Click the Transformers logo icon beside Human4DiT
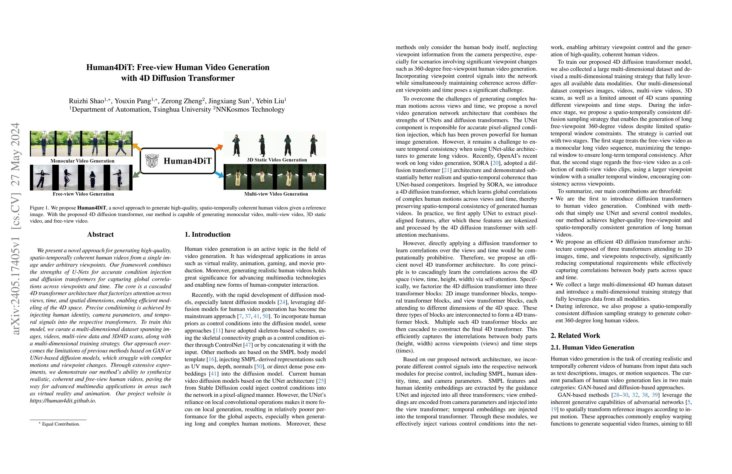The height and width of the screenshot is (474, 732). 152,161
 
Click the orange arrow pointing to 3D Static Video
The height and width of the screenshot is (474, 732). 218,148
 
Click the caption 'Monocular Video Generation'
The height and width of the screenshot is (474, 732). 82,161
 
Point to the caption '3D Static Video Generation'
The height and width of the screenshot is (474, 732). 277,160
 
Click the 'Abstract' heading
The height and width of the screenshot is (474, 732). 100,235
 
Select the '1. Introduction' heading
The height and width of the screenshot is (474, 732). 207,235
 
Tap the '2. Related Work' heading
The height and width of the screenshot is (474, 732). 575,335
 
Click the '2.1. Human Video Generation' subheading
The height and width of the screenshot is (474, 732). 592,347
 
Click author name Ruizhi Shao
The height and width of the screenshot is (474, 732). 86,101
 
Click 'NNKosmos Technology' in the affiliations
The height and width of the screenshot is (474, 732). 250,110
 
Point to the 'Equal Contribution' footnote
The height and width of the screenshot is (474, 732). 61,424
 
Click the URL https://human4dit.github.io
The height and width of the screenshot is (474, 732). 63,401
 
